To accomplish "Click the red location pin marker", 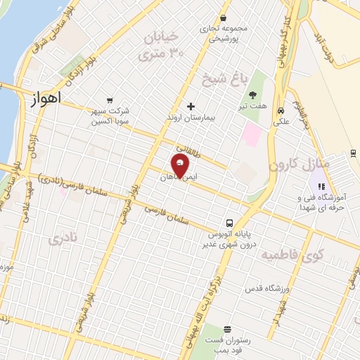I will pyautogui.click(x=180, y=165).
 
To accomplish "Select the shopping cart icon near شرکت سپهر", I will pyautogui.click(x=109, y=101).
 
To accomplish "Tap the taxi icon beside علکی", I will pyautogui.click(x=281, y=110).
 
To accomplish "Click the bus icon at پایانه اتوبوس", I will pyautogui.click(x=230, y=223).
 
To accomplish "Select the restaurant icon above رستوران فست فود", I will pyautogui.click(x=227, y=329).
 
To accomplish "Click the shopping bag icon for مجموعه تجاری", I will pyautogui.click(x=223, y=19).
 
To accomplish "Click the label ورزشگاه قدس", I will pyautogui.click(x=264, y=289).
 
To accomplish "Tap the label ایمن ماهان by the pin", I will pyautogui.click(x=181, y=179).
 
